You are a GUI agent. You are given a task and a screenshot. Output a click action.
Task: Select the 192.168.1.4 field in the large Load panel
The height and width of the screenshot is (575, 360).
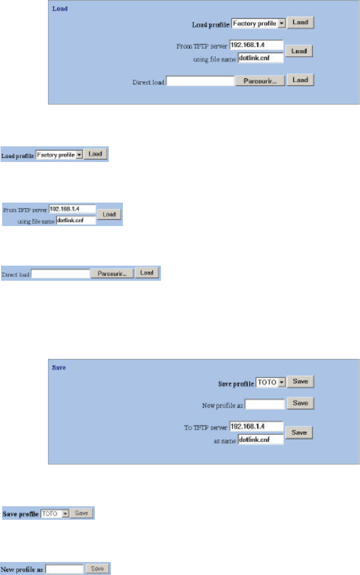coord(256,45)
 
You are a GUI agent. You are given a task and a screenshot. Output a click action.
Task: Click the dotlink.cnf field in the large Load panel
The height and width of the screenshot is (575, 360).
coord(260,57)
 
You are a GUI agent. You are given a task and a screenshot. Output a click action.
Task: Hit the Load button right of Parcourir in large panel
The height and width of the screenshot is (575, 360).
coord(301,81)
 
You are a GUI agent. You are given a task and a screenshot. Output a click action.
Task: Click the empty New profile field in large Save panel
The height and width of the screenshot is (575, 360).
coord(265,404)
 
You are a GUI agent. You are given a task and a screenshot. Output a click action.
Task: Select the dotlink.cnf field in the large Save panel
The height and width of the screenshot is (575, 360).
coord(260,439)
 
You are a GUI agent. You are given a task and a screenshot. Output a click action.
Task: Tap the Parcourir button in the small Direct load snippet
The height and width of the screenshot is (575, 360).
coord(112,273)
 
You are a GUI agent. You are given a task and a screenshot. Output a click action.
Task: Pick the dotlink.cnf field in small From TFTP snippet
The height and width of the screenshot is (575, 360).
coord(76,220)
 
